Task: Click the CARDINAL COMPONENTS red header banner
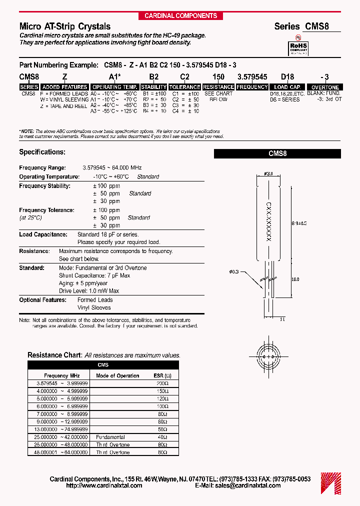click(x=180, y=16)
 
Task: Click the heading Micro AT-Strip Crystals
click(x=64, y=26)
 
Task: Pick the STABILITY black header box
click(x=153, y=87)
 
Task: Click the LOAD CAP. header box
click(x=287, y=87)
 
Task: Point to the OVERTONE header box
click(x=325, y=87)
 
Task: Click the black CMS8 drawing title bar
click(x=277, y=154)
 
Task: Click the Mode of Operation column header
click(x=117, y=375)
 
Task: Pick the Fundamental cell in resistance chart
click(x=110, y=437)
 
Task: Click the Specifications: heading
click(x=42, y=151)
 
